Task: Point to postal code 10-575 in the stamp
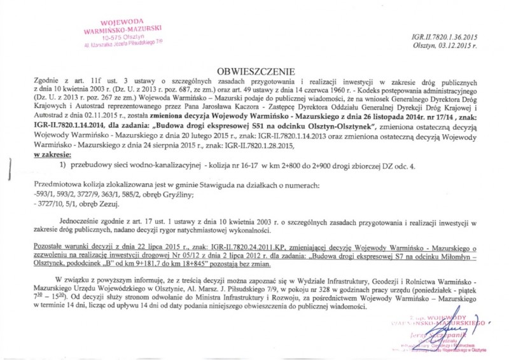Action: (x=113, y=38)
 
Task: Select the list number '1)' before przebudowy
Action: (x=63, y=166)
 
